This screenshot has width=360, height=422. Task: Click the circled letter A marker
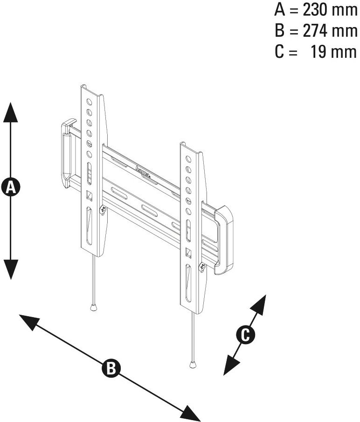[11, 187]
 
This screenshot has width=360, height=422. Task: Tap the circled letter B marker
[111, 367]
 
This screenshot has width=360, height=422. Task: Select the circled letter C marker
[245, 334]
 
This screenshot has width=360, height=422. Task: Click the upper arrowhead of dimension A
[11, 112]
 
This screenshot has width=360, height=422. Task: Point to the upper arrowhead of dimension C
[259, 304]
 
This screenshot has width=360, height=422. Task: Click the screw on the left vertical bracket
[102, 209]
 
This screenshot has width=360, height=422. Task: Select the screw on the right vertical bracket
[202, 267]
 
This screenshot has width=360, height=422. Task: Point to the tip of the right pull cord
[193, 364]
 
